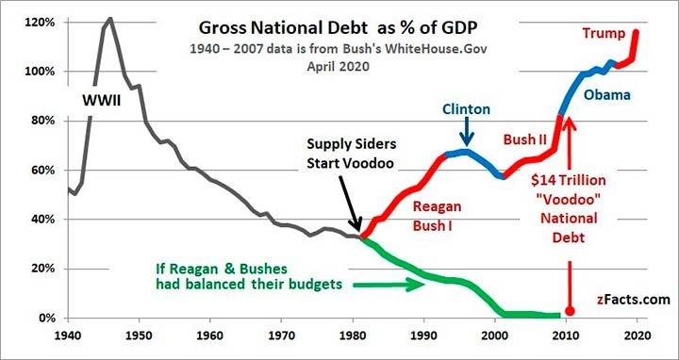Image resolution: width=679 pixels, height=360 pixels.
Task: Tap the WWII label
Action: [102, 102]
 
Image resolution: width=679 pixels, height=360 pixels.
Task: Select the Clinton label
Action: [466, 109]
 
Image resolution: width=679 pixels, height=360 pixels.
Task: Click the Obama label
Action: [606, 94]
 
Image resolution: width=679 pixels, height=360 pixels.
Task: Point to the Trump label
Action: [604, 33]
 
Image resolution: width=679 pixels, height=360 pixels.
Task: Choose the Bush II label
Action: [525, 139]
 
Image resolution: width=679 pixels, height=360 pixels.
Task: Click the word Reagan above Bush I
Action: [437, 206]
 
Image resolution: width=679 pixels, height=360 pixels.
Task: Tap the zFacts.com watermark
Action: [633, 300]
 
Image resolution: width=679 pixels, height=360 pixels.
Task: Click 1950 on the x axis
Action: [139, 335]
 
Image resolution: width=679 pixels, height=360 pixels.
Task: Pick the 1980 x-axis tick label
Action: [352, 335]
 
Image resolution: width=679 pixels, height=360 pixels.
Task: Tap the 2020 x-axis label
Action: [637, 335]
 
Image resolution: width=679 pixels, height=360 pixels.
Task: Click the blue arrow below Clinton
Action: [467, 132]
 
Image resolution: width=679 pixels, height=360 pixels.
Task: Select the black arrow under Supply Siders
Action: [350, 203]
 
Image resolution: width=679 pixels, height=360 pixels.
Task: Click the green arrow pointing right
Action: [389, 285]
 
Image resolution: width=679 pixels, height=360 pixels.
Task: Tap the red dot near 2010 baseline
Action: [570, 311]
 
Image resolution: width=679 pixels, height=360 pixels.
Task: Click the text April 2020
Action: [339, 67]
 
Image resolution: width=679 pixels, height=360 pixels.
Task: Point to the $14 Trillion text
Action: [569, 180]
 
